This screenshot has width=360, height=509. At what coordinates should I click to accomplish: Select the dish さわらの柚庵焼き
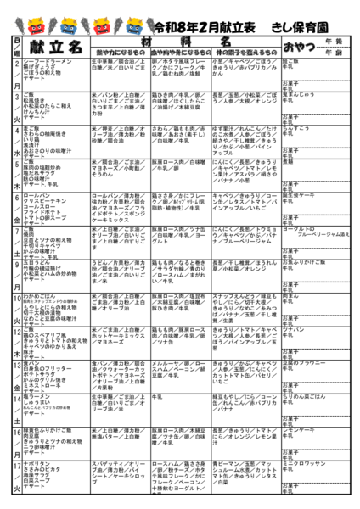tap(37, 133)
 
